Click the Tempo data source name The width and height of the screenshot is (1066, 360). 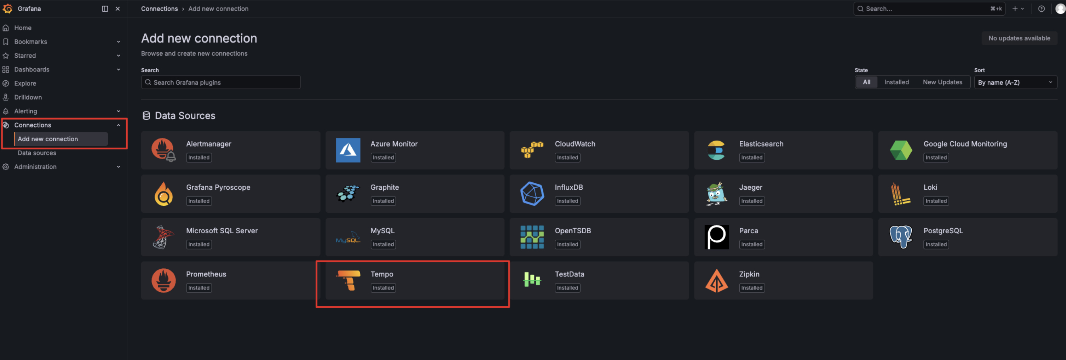(x=382, y=274)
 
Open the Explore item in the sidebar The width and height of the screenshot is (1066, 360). (x=25, y=83)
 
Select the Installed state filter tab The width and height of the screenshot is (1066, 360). (x=896, y=82)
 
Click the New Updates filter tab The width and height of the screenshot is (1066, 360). (x=942, y=82)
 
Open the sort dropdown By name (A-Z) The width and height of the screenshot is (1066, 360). (x=1015, y=82)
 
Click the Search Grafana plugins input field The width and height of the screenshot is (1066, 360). (x=220, y=82)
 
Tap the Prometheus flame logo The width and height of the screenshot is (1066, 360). (x=164, y=280)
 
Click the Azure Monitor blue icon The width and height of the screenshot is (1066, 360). (x=348, y=150)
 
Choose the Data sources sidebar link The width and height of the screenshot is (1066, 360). (x=37, y=153)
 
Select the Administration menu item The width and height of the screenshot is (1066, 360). (x=35, y=166)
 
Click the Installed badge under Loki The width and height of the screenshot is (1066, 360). (x=936, y=201)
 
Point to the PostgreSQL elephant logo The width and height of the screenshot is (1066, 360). (x=900, y=237)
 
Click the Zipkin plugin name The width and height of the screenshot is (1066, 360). (x=749, y=274)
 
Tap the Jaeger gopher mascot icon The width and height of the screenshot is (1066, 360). (x=716, y=194)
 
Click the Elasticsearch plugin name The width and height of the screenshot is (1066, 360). (x=761, y=144)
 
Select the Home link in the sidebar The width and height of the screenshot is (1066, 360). (x=23, y=28)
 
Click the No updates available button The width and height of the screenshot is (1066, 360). (x=1019, y=38)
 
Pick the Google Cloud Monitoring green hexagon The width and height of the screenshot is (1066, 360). (x=901, y=150)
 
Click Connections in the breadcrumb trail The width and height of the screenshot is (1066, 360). (x=159, y=9)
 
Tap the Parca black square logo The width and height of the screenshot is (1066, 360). (x=716, y=237)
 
